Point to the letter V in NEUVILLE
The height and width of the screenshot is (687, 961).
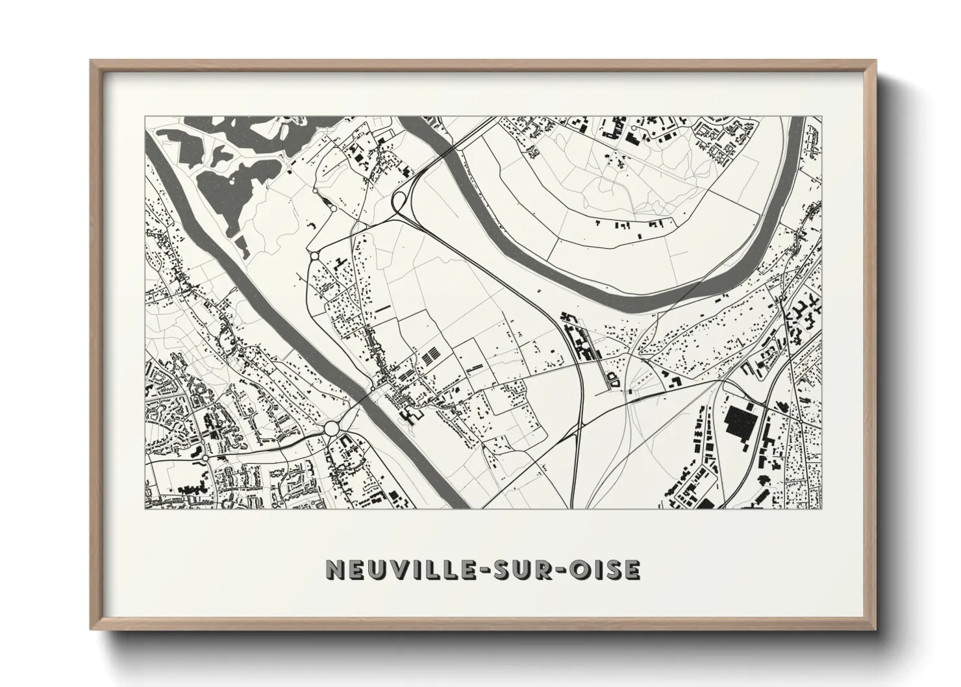pos(397,569)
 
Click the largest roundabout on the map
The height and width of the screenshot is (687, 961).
pos(332,428)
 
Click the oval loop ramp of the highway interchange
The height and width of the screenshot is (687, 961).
pos(400,202)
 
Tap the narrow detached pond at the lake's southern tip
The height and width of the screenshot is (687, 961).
pos(241,247)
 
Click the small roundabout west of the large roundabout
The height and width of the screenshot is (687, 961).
pos(205,458)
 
